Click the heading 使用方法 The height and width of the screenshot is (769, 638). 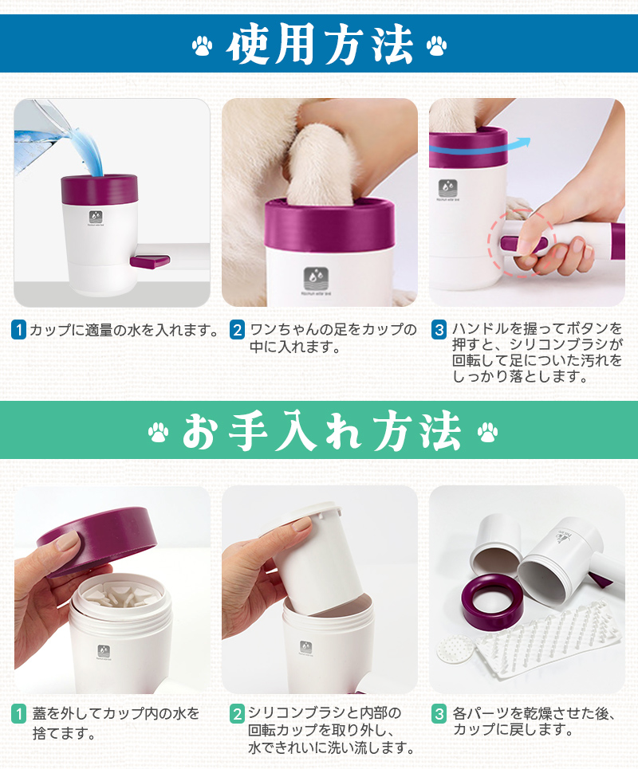click(319, 44)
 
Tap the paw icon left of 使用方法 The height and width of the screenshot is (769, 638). click(202, 45)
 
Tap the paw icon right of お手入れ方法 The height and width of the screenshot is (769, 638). click(487, 432)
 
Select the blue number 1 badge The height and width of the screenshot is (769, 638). click(18, 330)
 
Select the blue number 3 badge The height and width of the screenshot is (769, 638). click(439, 330)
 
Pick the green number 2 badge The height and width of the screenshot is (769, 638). click(237, 713)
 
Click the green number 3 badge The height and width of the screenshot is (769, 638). click(439, 713)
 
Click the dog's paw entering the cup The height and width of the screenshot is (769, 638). click(322, 164)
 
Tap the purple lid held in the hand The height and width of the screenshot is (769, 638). click(98, 539)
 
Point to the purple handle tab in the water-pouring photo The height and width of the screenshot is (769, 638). click(150, 261)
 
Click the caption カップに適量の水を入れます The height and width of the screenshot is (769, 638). click(123, 330)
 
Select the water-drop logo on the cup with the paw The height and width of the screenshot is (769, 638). click(316, 280)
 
